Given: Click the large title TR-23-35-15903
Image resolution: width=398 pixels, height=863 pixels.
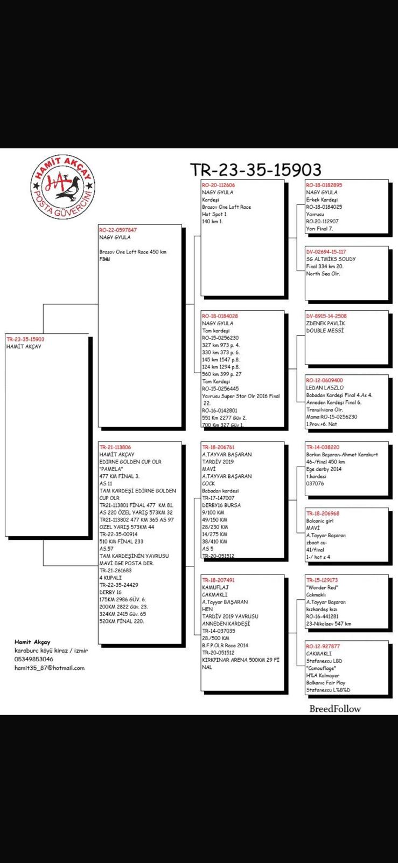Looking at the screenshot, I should [256, 170].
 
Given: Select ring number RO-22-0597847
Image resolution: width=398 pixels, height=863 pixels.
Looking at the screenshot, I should [118, 230].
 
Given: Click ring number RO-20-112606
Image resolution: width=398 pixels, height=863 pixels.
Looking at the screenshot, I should [218, 185].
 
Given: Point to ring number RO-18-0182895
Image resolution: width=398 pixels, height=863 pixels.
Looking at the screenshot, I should [324, 185].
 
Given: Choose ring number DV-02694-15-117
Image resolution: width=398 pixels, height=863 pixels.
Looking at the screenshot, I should [326, 252].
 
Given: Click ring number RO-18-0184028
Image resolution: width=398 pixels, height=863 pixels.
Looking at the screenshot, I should [220, 316].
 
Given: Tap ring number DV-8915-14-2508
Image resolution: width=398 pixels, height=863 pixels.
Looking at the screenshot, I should [326, 316].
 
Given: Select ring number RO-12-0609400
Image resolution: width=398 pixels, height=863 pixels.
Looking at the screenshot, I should [324, 380].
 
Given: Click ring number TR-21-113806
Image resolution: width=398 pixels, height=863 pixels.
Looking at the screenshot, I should [115, 447].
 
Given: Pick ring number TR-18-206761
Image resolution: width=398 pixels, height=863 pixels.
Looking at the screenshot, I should [218, 447].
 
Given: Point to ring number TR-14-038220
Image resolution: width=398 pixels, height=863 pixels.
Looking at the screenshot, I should [323, 447].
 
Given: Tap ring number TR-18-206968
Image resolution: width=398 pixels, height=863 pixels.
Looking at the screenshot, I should [323, 513].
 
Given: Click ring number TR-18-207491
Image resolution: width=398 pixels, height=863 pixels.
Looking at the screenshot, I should [218, 580].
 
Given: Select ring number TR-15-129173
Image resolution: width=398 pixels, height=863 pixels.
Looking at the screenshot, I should [322, 580].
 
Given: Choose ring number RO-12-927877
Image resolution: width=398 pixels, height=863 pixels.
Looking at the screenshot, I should [323, 646].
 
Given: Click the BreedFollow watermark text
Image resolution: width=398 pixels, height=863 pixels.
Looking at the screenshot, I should [335, 709].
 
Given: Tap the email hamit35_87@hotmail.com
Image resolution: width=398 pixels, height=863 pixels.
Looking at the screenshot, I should [50, 668].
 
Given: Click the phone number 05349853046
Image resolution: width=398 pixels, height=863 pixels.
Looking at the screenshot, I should [34, 659].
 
